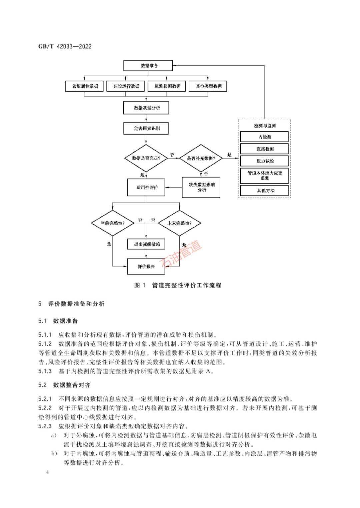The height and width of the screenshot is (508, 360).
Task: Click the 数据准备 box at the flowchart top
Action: coord(148,66)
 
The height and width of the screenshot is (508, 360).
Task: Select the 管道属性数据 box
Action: coord(84,86)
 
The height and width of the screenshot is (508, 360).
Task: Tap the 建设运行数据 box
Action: coord(126,86)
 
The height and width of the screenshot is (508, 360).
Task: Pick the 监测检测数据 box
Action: coord(167,86)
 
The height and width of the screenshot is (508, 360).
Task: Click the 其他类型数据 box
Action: coord(208,86)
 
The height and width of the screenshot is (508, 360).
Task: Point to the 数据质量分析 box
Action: coord(146,108)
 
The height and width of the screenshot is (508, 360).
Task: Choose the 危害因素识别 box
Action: coord(146,128)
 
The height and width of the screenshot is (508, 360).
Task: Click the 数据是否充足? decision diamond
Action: coord(146,158)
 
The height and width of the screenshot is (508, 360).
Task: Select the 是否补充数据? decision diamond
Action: coord(201,158)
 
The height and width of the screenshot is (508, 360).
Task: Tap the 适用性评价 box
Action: coord(146,188)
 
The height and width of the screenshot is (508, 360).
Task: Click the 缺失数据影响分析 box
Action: coord(201,187)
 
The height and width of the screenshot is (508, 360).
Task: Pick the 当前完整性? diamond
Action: coord(113,223)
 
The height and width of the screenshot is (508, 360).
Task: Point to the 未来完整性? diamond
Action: coord(180,223)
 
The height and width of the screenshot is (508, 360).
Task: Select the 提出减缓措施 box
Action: coord(146,244)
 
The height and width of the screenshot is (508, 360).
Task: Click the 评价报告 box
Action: coord(146,266)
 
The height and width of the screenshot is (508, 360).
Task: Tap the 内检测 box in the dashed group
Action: coord(264,137)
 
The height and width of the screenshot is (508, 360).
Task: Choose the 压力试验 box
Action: coord(264,161)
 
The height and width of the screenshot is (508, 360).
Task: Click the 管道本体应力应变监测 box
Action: coord(264,176)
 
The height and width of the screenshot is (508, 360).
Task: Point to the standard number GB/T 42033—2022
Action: coord(65,47)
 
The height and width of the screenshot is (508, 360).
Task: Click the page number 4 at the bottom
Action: coord(48,472)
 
